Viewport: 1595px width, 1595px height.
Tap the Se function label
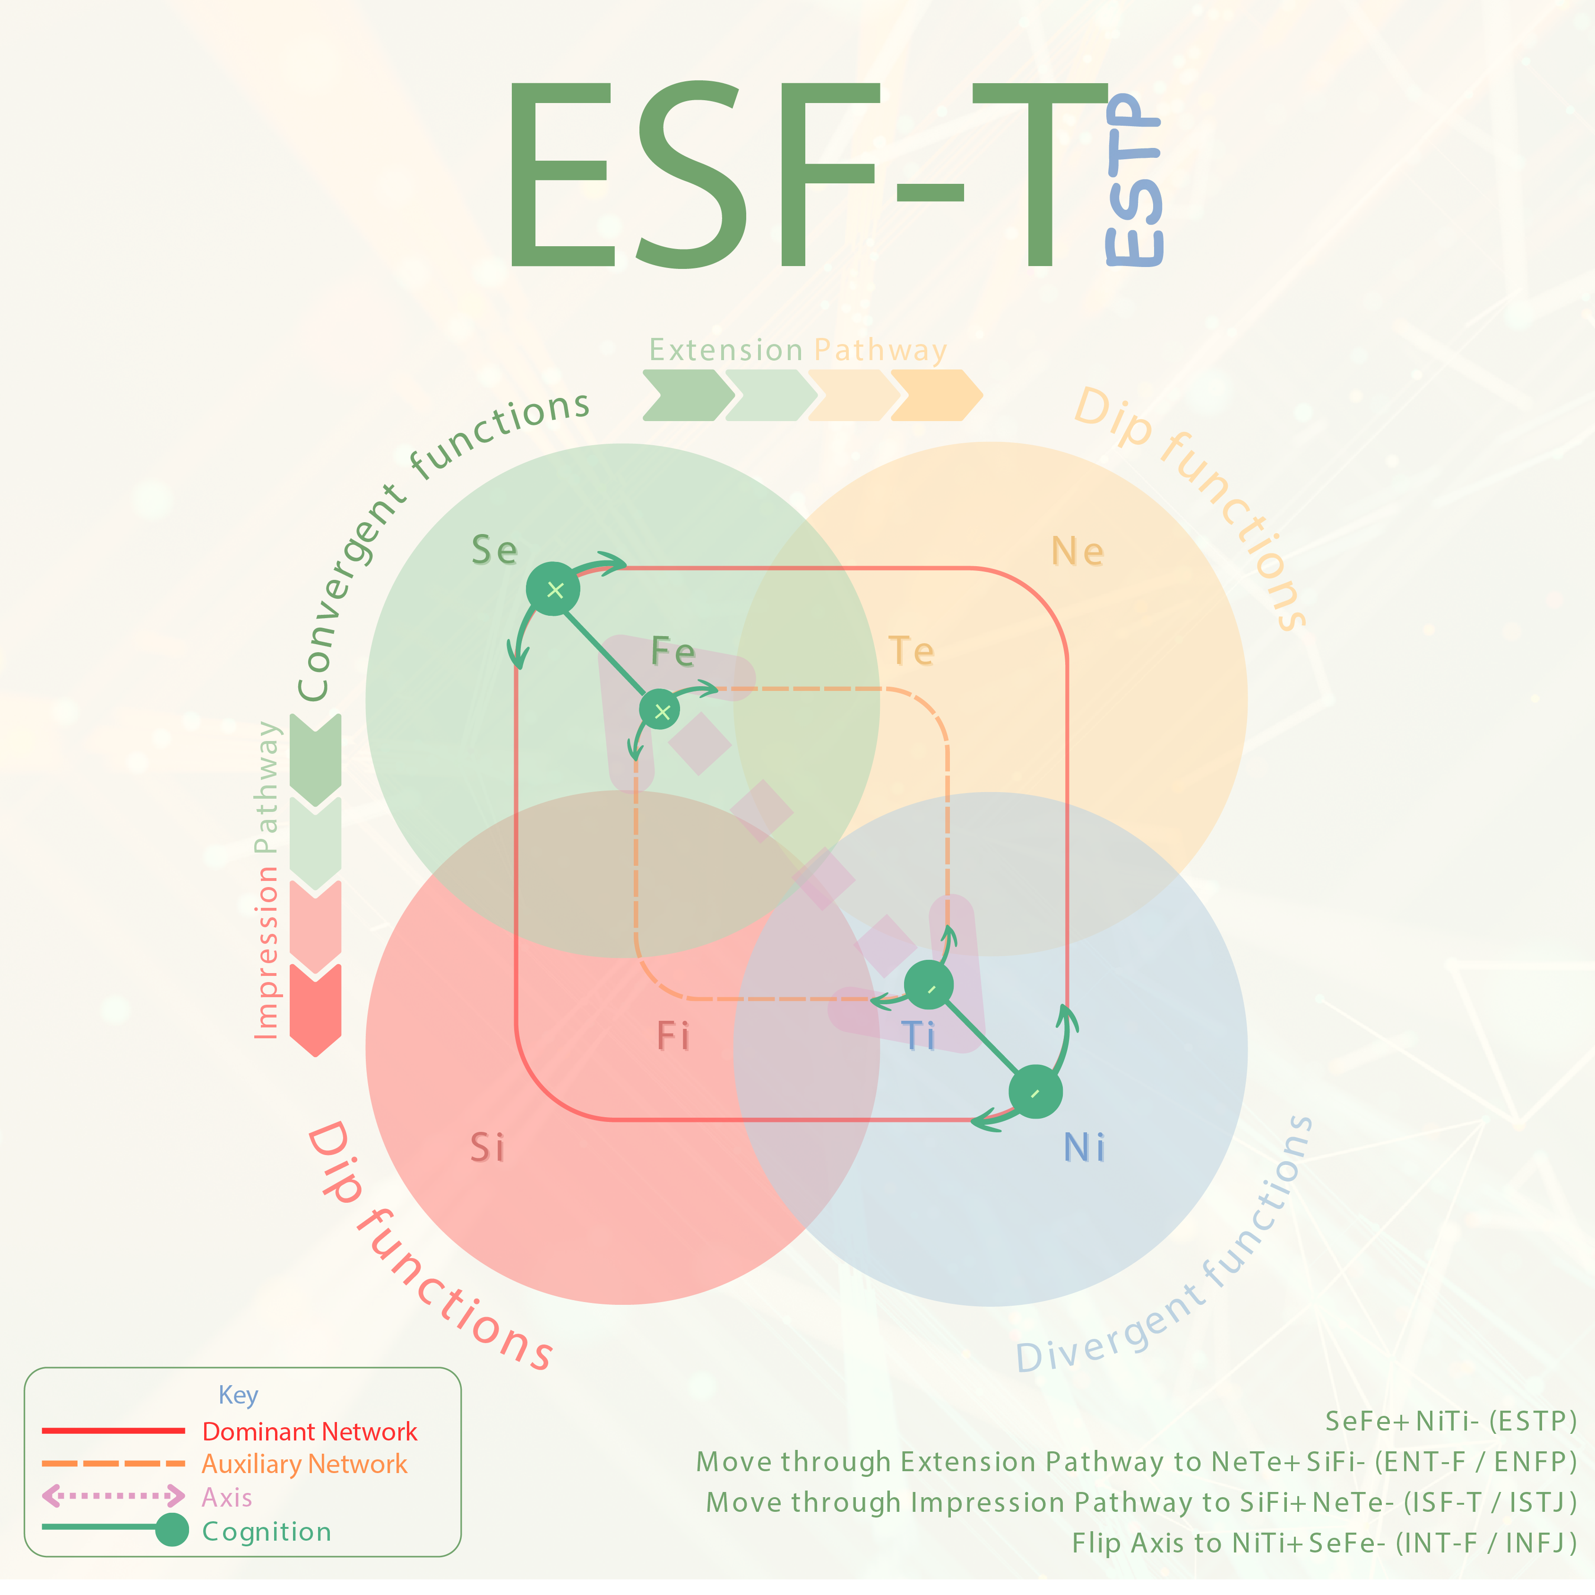pos(494,550)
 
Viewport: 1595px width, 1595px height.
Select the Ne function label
pos(1078,552)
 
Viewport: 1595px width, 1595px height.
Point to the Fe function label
pos(673,652)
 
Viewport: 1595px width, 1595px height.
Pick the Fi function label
pos(673,1035)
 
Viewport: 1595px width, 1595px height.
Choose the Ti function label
pos(918,1035)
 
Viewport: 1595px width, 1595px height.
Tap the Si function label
pos(487,1147)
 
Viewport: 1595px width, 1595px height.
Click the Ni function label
pos(1084,1147)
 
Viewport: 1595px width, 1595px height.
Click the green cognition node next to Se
pos(553,589)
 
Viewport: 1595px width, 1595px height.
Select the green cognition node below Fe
pos(661,710)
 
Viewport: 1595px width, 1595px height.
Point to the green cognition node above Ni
pos(1035,1091)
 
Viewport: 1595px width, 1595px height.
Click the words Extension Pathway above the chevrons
pos(798,350)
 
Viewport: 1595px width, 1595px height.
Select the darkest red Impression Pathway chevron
pos(315,1009)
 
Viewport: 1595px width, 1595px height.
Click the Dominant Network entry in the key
pos(310,1431)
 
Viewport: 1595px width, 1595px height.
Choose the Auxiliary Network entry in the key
pos(304,1465)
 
